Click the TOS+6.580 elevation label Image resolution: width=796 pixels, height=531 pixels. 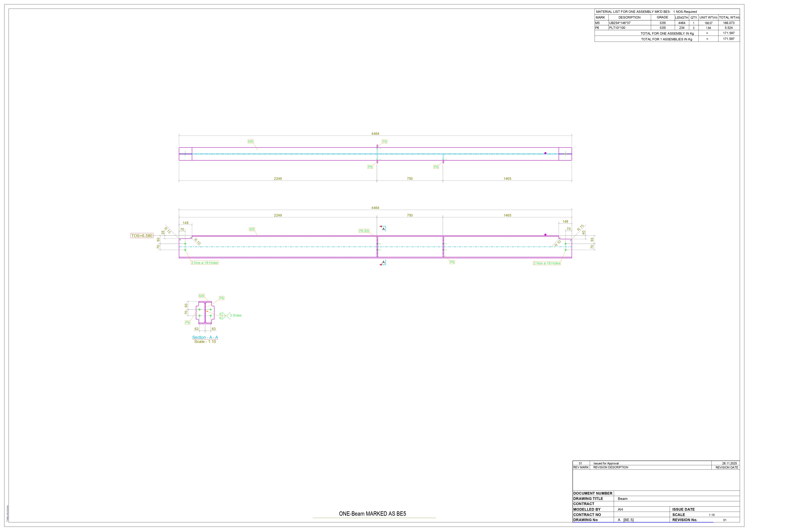(142, 236)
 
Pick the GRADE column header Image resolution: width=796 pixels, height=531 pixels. (663, 17)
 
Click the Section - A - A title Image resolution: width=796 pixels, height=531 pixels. (205, 337)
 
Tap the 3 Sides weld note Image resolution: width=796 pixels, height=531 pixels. (235, 315)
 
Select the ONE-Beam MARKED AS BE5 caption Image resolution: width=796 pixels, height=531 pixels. (372, 514)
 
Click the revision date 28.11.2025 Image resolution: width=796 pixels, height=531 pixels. (729, 463)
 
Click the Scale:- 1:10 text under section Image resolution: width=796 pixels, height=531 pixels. (205, 342)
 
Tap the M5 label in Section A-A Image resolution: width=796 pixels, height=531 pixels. (202, 296)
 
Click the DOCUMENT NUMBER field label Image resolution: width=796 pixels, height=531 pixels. (593, 493)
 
